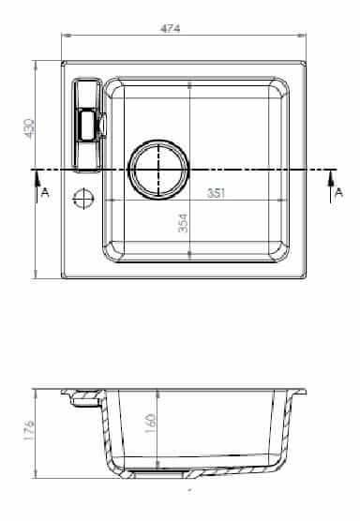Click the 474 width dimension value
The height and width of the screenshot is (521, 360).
[170, 28]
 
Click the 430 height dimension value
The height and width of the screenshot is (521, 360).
[28, 129]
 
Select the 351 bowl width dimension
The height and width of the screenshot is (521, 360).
[216, 193]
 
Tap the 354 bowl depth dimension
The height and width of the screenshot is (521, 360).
[183, 223]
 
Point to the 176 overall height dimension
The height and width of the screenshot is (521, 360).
[29, 431]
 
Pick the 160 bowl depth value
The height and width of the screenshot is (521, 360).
[150, 424]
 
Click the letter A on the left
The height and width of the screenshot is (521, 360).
[45, 192]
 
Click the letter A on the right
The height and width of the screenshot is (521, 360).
[338, 192]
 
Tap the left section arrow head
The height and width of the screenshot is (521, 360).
[37, 177]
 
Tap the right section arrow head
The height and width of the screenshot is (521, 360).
[331, 177]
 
